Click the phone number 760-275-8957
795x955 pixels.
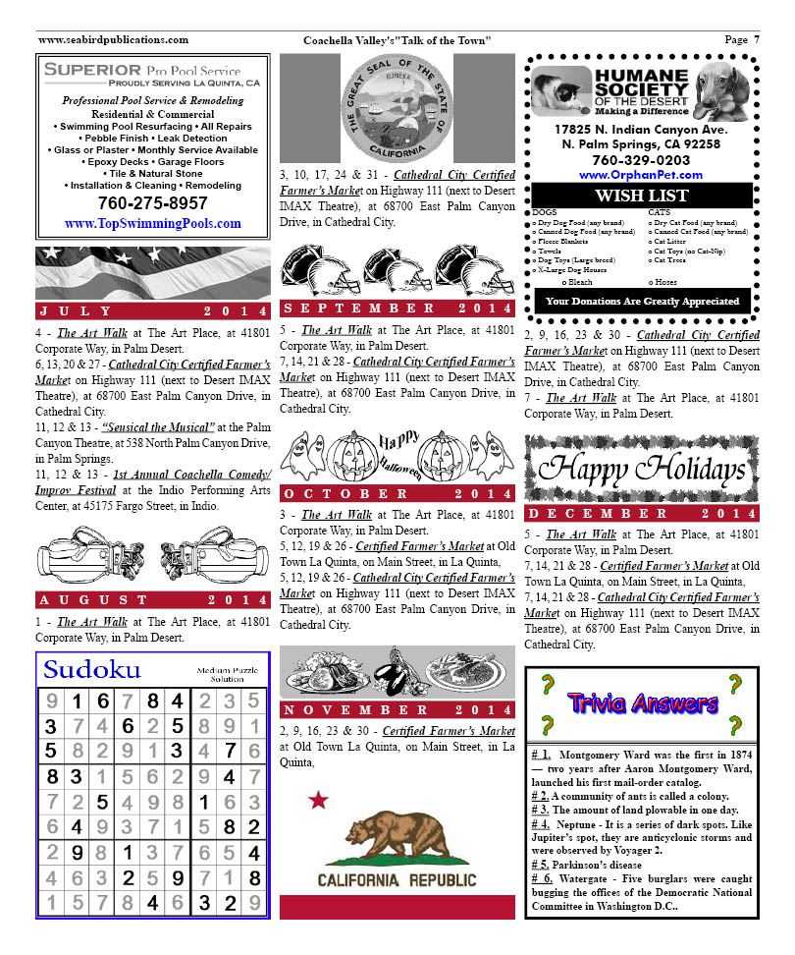tap(152, 203)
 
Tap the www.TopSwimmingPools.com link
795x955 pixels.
tap(152, 224)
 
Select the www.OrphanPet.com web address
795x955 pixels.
tap(641, 174)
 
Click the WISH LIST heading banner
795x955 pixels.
tap(641, 196)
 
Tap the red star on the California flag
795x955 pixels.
tap(317, 801)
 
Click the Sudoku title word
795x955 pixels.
tap(92, 670)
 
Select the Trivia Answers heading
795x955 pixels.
tap(642, 703)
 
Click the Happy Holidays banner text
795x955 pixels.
tap(642, 468)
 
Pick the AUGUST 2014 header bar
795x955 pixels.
tap(152, 599)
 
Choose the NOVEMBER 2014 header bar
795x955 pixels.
tap(397, 709)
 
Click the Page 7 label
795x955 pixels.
tap(742, 39)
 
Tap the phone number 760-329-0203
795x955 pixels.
tap(641, 159)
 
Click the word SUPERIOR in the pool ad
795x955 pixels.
tap(93, 70)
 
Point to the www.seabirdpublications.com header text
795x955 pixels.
tap(113, 39)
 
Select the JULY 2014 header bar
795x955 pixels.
tap(152, 311)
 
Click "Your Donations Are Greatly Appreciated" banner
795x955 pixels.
tap(642, 302)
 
